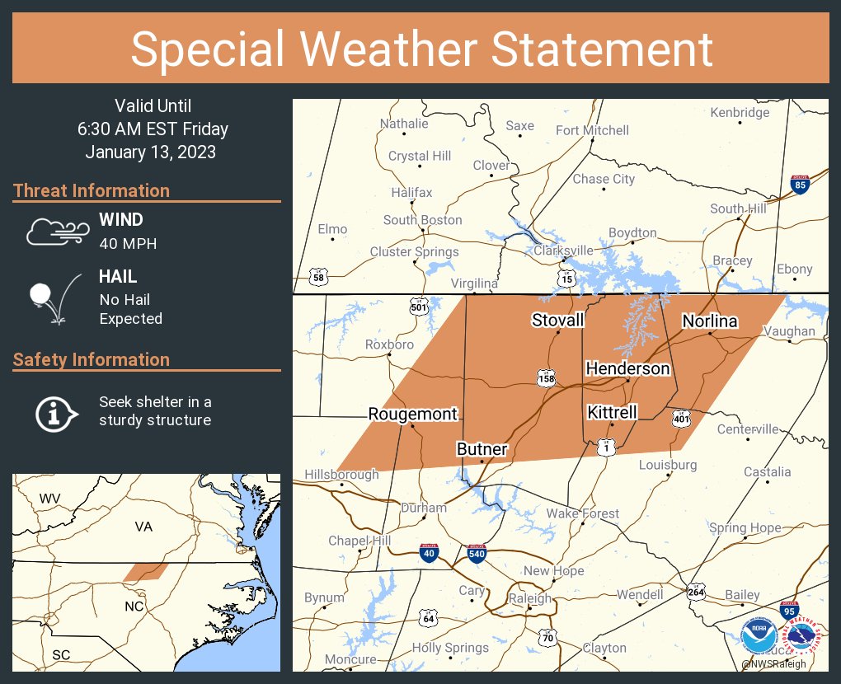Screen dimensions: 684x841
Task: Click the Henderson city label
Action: point(627,368)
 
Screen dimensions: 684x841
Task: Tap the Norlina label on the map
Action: point(709,321)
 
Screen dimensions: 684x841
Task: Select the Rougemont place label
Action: point(412,414)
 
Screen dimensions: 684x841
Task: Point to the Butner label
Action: point(482,449)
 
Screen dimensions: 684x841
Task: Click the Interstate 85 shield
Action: point(798,185)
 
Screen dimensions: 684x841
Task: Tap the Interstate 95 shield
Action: point(788,611)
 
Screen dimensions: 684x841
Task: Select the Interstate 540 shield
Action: point(475,553)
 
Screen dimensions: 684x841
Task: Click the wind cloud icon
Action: point(57,232)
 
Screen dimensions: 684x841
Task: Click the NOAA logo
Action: point(758,636)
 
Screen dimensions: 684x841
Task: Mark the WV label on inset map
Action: point(50,499)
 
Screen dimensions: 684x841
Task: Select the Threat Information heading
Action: point(92,190)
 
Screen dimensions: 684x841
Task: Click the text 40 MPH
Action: point(128,243)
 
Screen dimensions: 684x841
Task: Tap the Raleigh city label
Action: point(529,598)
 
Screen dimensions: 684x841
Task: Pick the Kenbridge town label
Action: point(740,112)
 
